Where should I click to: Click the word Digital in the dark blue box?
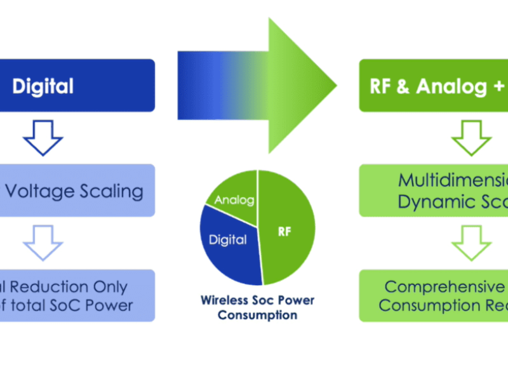click(x=43, y=86)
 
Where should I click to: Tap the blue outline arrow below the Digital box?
click(x=43, y=137)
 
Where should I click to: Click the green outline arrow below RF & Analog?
click(x=471, y=137)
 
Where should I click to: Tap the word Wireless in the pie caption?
click(x=222, y=300)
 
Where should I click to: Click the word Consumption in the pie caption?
click(x=257, y=314)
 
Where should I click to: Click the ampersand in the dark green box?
click(x=403, y=86)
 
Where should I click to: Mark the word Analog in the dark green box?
click(x=452, y=86)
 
